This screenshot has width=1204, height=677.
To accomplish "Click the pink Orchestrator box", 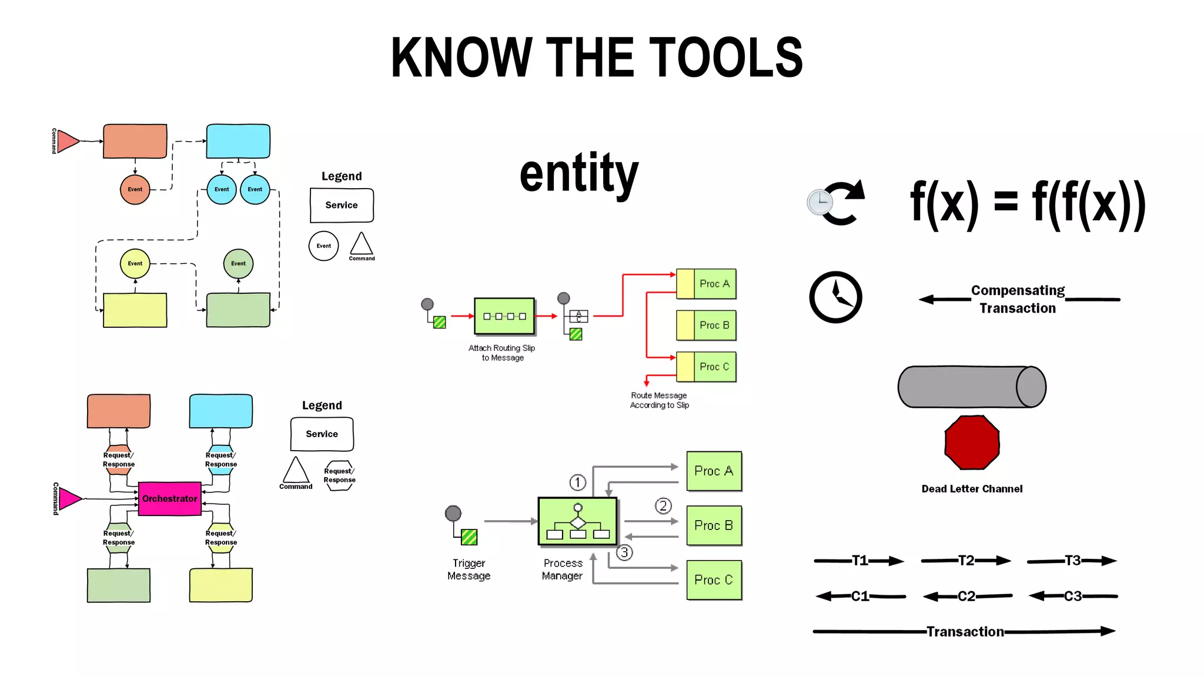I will click(169, 498).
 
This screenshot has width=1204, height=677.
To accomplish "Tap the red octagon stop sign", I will click(972, 443).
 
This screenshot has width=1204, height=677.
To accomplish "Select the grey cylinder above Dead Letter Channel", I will click(971, 387).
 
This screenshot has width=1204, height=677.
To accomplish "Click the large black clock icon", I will click(835, 297).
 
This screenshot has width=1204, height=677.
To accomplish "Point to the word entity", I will click(579, 173).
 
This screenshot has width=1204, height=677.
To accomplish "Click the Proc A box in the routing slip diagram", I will click(706, 284).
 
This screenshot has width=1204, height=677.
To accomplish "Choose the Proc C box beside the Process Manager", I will click(714, 580).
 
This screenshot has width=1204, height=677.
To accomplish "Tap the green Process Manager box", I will click(577, 521).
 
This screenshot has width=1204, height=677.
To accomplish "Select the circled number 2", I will click(663, 506).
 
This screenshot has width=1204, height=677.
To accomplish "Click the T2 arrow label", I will click(966, 561).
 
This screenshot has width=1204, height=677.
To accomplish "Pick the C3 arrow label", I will click(1073, 596).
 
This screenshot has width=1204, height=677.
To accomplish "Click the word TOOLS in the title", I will click(725, 58).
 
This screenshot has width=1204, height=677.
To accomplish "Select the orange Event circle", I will click(135, 189).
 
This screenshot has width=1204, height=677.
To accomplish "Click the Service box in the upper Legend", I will click(342, 205).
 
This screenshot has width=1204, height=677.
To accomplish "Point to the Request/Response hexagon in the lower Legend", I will click(339, 475).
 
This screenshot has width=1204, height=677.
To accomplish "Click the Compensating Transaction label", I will click(1018, 299).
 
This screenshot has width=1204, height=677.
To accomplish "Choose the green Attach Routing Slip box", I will click(504, 316).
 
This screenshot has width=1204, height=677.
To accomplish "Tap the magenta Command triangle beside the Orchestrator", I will click(70, 499).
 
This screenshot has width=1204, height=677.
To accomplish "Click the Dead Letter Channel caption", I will click(972, 489).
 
